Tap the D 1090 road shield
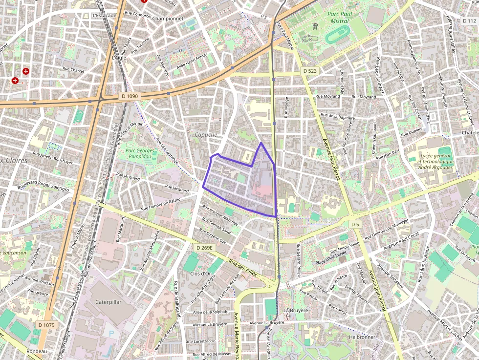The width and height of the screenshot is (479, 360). click(x=129, y=96)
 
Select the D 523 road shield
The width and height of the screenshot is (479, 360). click(x=310, y=71)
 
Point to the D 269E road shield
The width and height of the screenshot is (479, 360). click(x=205, y=248)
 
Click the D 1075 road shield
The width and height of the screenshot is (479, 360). click(x=45, y=325)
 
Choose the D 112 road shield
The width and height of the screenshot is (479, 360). click(x=469, y=21)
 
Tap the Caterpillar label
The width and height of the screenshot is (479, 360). click(x=109, y=302)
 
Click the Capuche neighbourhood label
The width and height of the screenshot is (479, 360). click(x=205, y=135)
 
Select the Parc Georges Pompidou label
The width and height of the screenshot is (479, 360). click(x=140, y=154)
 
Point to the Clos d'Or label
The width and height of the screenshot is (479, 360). click(x=200, y=274)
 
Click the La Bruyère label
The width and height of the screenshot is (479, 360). click(x=296, y=310)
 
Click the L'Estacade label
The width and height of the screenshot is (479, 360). click(x=104, y=16)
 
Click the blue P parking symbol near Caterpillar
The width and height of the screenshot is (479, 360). click(x=111, y=333)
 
